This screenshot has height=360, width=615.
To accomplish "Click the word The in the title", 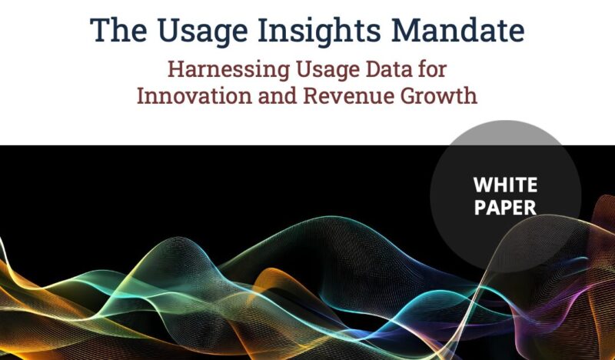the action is click(x=118, y=30).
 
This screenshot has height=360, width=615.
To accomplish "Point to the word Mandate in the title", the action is click(x=457, y=30).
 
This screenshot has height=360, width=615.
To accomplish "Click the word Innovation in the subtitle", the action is click(x=194, y=95).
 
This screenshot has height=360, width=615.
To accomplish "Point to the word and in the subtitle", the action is click(x=278, y=95).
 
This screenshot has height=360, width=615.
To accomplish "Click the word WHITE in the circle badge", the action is click(x=505, y=185).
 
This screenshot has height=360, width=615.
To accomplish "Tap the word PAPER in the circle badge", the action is click(x=505, y=207).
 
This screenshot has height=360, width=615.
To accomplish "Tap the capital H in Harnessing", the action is click(x=176, y=69).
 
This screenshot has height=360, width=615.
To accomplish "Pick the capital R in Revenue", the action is click(x=311, y=96).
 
